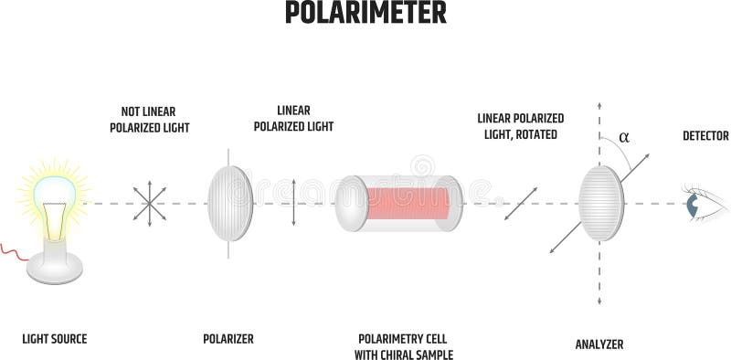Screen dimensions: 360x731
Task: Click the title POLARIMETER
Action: (365, 13)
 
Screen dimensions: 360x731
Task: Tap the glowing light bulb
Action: (54, 194)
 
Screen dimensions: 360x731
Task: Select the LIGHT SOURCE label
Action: (55, 339)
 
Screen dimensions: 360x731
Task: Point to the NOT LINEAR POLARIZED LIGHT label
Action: (149, 120)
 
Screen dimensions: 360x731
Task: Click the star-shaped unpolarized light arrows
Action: (150, 202)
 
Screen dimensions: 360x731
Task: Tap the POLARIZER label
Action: (228, 339)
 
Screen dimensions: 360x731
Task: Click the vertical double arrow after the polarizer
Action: (293, 202)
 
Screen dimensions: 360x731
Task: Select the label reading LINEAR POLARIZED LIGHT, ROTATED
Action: (521, 126)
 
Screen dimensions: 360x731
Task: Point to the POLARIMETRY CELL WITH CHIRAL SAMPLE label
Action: (404, 346)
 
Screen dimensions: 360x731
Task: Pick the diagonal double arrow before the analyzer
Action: (519, 203)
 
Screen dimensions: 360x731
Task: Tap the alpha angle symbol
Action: (624, 138)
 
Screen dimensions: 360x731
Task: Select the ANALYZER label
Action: (599, 344)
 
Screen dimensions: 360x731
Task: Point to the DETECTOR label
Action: (705, 136)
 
